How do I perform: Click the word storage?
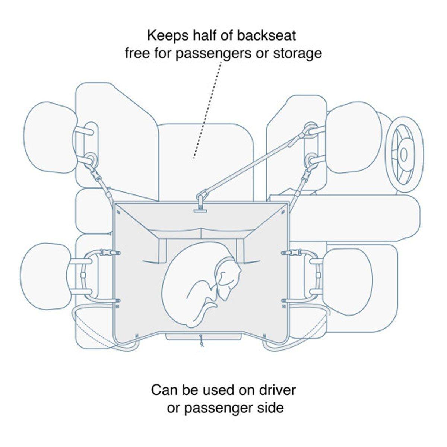click(x=300, y=53)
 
